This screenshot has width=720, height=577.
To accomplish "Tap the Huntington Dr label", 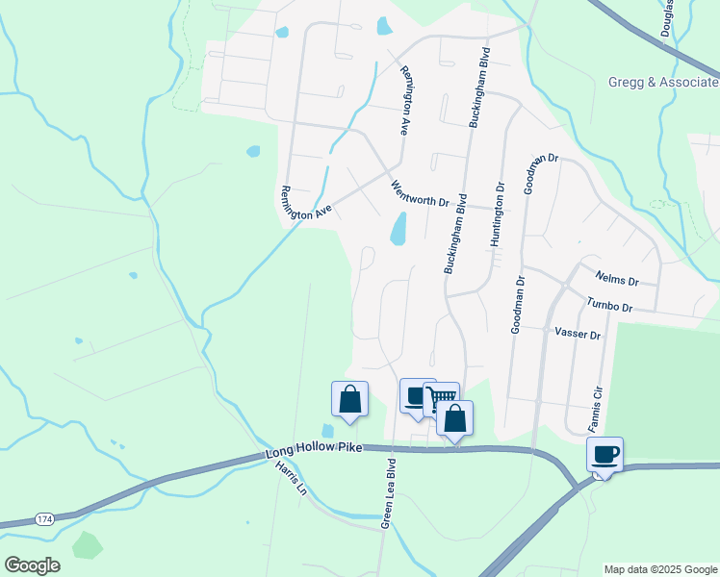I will pyautogui.click(x=498, y=215).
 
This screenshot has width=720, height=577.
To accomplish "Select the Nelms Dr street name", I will pyautogui.click(x=617, y=279).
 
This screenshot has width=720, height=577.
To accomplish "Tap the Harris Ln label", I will pyautogui.click(x=290, y=476).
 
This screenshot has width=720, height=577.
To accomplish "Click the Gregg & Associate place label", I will pyautogui.click(x=663, y=83).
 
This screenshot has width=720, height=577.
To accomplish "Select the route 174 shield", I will pyautogui.click(x=44, y=519).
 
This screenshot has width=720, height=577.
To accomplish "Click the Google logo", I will pyautogui.click(x=32, y=565).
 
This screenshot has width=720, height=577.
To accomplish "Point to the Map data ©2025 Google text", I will pyautogui.click(x=660, y=569).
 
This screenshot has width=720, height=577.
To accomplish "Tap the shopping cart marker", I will pyautogui.click(x=441, y=397).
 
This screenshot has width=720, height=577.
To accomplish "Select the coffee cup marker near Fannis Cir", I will pyautogui.click(x=605, y=454).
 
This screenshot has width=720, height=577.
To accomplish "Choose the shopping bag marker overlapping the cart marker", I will pyautogui.click(x=455, y=417).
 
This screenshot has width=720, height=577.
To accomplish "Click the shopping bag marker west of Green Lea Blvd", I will pyautogui.click(x=349, y=398).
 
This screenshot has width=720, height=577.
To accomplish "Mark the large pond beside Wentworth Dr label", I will pyautogui.click(x=398, y=229).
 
